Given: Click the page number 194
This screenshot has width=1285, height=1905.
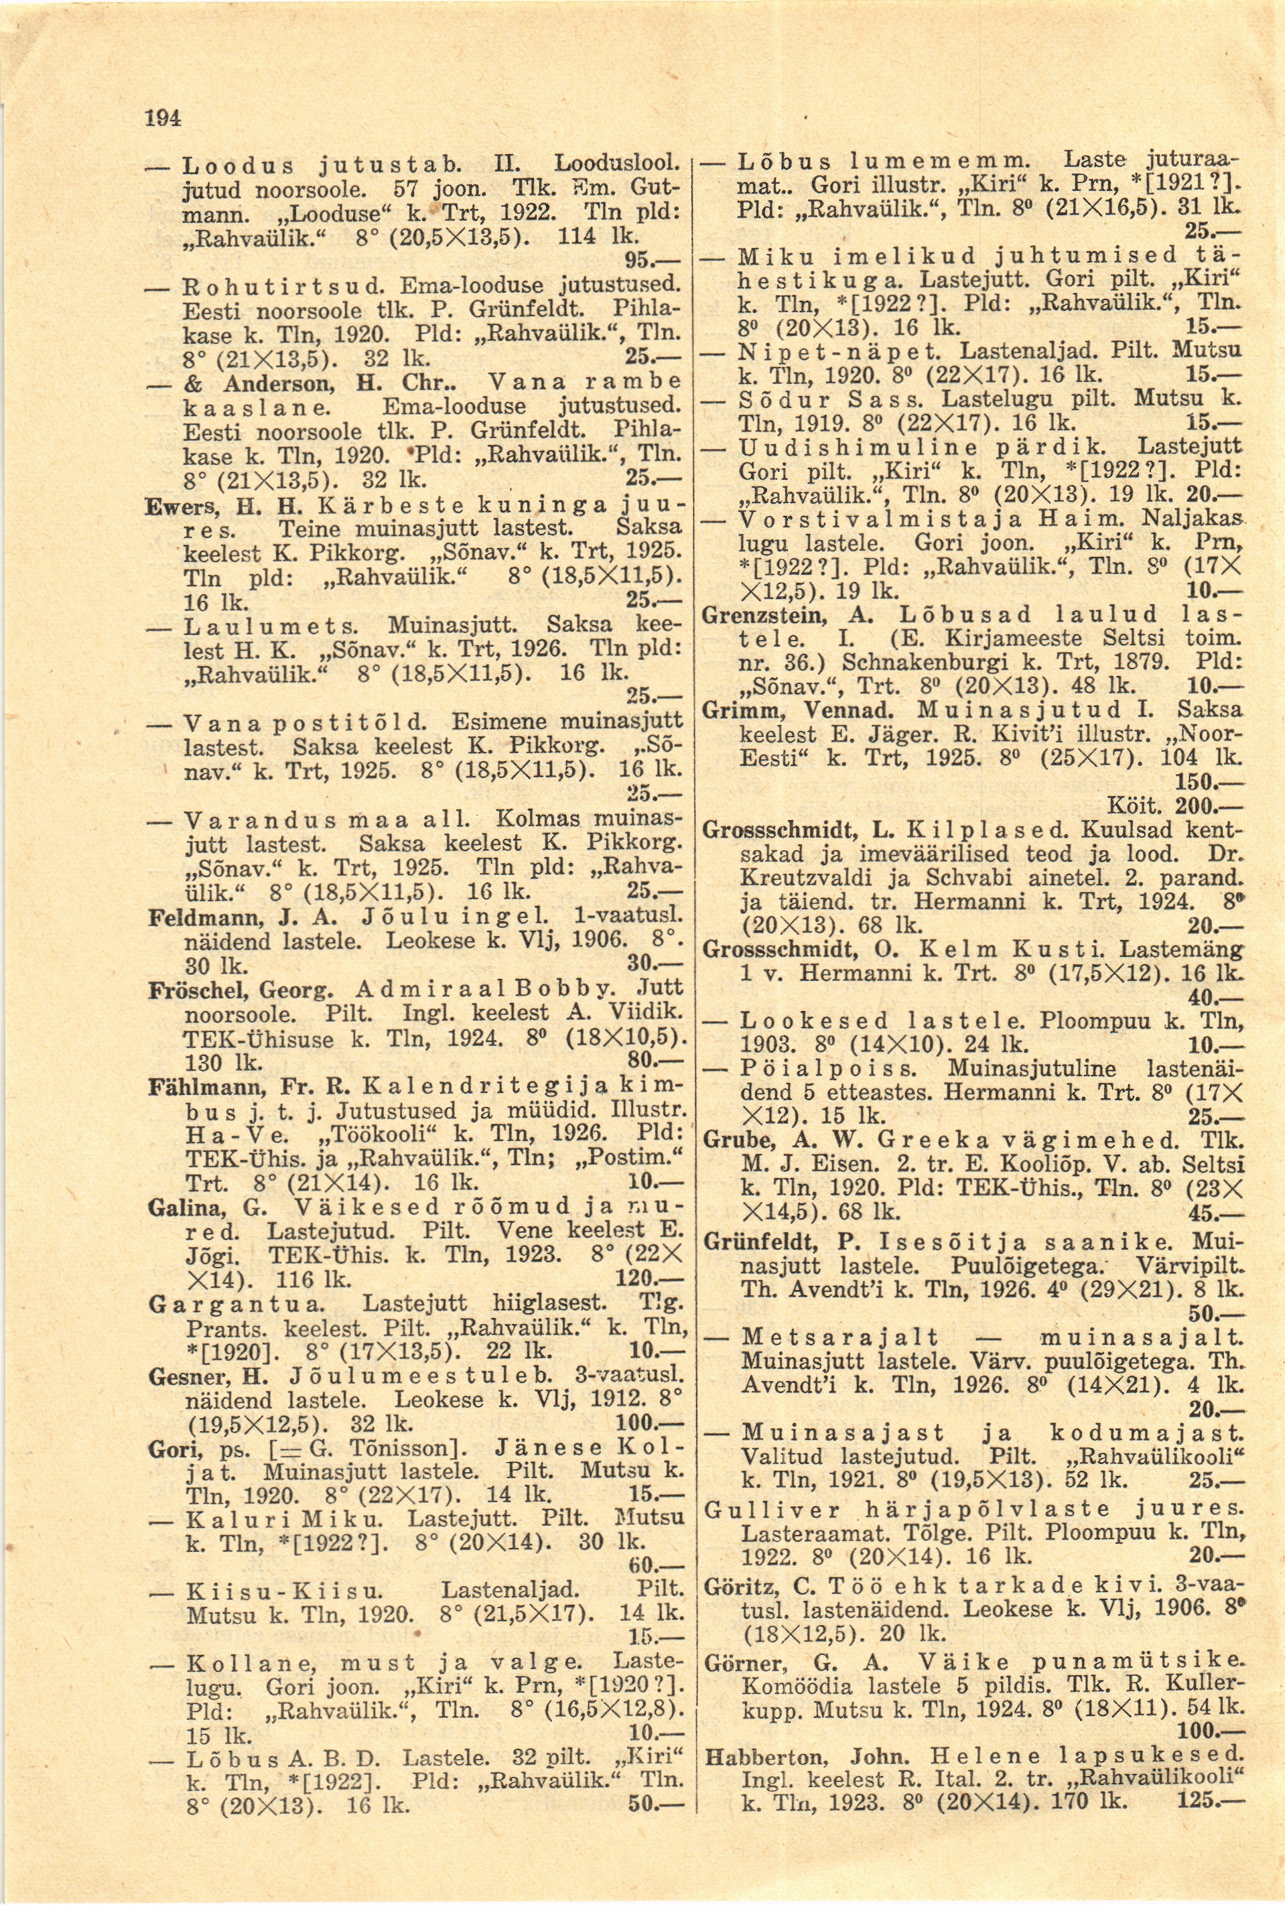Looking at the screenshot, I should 162,119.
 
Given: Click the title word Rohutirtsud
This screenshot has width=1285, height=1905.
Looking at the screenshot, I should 283,287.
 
